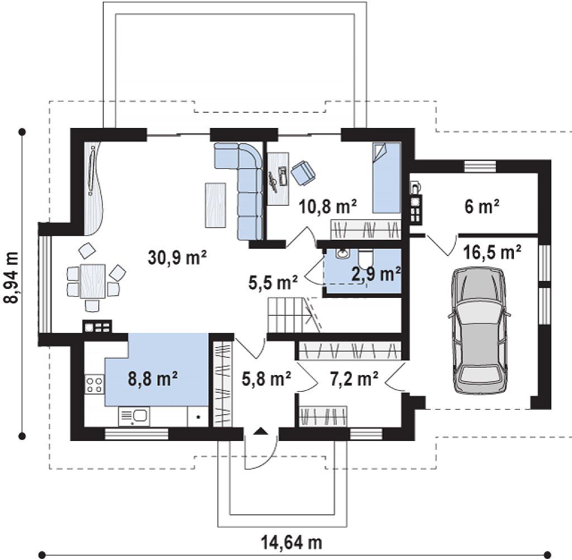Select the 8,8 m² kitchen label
pyautogui.click(x=153, y=378)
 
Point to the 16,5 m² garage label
pyautogui.click(x=492, y=251)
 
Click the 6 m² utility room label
pyautogui.click(x=482, y=207)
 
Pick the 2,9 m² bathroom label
pyautogui.click(x=376, y=274)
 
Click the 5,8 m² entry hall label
pyautogui.click(x=266, y=379)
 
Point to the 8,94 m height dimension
pyautogui.click(x=11, y=277)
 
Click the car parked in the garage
pyautogui.click(x=479, y=330)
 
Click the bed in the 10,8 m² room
pyautogui.click(x=387, y=178)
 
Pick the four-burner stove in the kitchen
pyautogui.click(x=94, y=384)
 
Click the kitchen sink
pyautogui.click(x=134, y=417)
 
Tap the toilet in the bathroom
pyautogui.click(x=365, y=258)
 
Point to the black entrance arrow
pyautogui.click(x=260, y=431)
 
